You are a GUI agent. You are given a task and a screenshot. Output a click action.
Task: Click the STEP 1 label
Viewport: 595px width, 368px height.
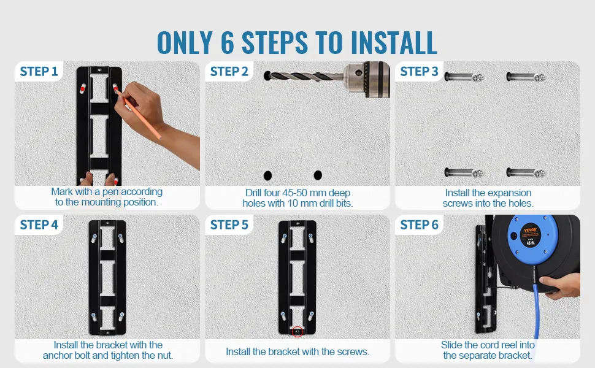[39, 71]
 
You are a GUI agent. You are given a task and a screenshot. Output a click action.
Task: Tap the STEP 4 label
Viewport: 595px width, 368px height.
[39, 224]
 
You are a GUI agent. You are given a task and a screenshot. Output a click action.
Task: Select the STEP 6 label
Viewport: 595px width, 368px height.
[420, 224]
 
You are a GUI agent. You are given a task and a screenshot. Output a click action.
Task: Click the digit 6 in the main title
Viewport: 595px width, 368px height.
[228, 42]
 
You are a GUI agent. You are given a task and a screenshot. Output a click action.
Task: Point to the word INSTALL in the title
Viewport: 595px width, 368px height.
[394, 42]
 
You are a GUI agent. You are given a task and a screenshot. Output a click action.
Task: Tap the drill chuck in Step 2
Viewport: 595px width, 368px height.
[367, 79]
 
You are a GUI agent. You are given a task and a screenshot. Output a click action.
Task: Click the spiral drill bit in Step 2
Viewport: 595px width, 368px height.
[304, 76]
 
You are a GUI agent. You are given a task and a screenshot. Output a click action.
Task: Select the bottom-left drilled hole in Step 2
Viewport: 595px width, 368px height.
[267, 175]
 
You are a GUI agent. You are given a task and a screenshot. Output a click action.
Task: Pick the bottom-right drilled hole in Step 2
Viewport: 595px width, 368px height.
[318, 175]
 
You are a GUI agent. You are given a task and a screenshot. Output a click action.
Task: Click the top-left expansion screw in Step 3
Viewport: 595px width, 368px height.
[464, 77]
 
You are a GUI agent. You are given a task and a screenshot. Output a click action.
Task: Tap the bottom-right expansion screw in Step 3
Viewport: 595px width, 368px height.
[526, 173]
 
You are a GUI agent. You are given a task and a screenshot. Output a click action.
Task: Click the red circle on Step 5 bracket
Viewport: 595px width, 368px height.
[297, 332]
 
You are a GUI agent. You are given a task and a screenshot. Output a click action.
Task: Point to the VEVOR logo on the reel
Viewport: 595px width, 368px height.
[530, 231]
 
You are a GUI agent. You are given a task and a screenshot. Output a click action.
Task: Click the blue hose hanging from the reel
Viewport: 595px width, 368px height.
[535, 311]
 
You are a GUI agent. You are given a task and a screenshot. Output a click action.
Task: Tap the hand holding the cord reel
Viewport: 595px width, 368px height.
[560, 285]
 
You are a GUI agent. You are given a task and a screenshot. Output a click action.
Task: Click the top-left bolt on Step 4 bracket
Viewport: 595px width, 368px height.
[94, 238]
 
